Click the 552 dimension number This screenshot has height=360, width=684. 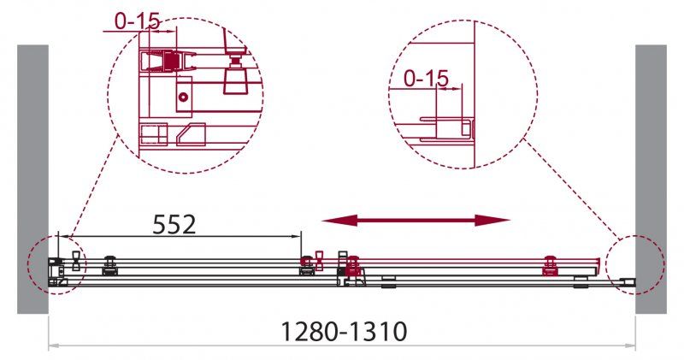point(174,224)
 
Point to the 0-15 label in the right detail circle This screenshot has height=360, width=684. point(426,79)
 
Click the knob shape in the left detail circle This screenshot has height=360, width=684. point(233,76)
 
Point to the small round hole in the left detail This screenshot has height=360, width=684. point(182,97)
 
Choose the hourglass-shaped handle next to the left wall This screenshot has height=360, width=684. point(76,261)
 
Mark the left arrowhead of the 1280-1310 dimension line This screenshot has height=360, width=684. point(52,345)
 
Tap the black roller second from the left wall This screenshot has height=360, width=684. point(109,267)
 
